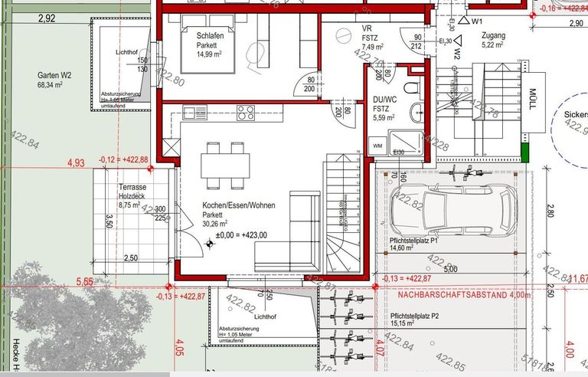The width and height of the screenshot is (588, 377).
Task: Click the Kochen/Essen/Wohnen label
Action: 238,206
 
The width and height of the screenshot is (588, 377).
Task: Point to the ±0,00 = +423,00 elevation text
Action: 241,235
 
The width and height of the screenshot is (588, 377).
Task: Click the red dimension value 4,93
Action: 77,162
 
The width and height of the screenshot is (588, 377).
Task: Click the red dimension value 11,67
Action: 577,278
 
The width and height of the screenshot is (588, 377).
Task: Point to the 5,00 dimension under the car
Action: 449,269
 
